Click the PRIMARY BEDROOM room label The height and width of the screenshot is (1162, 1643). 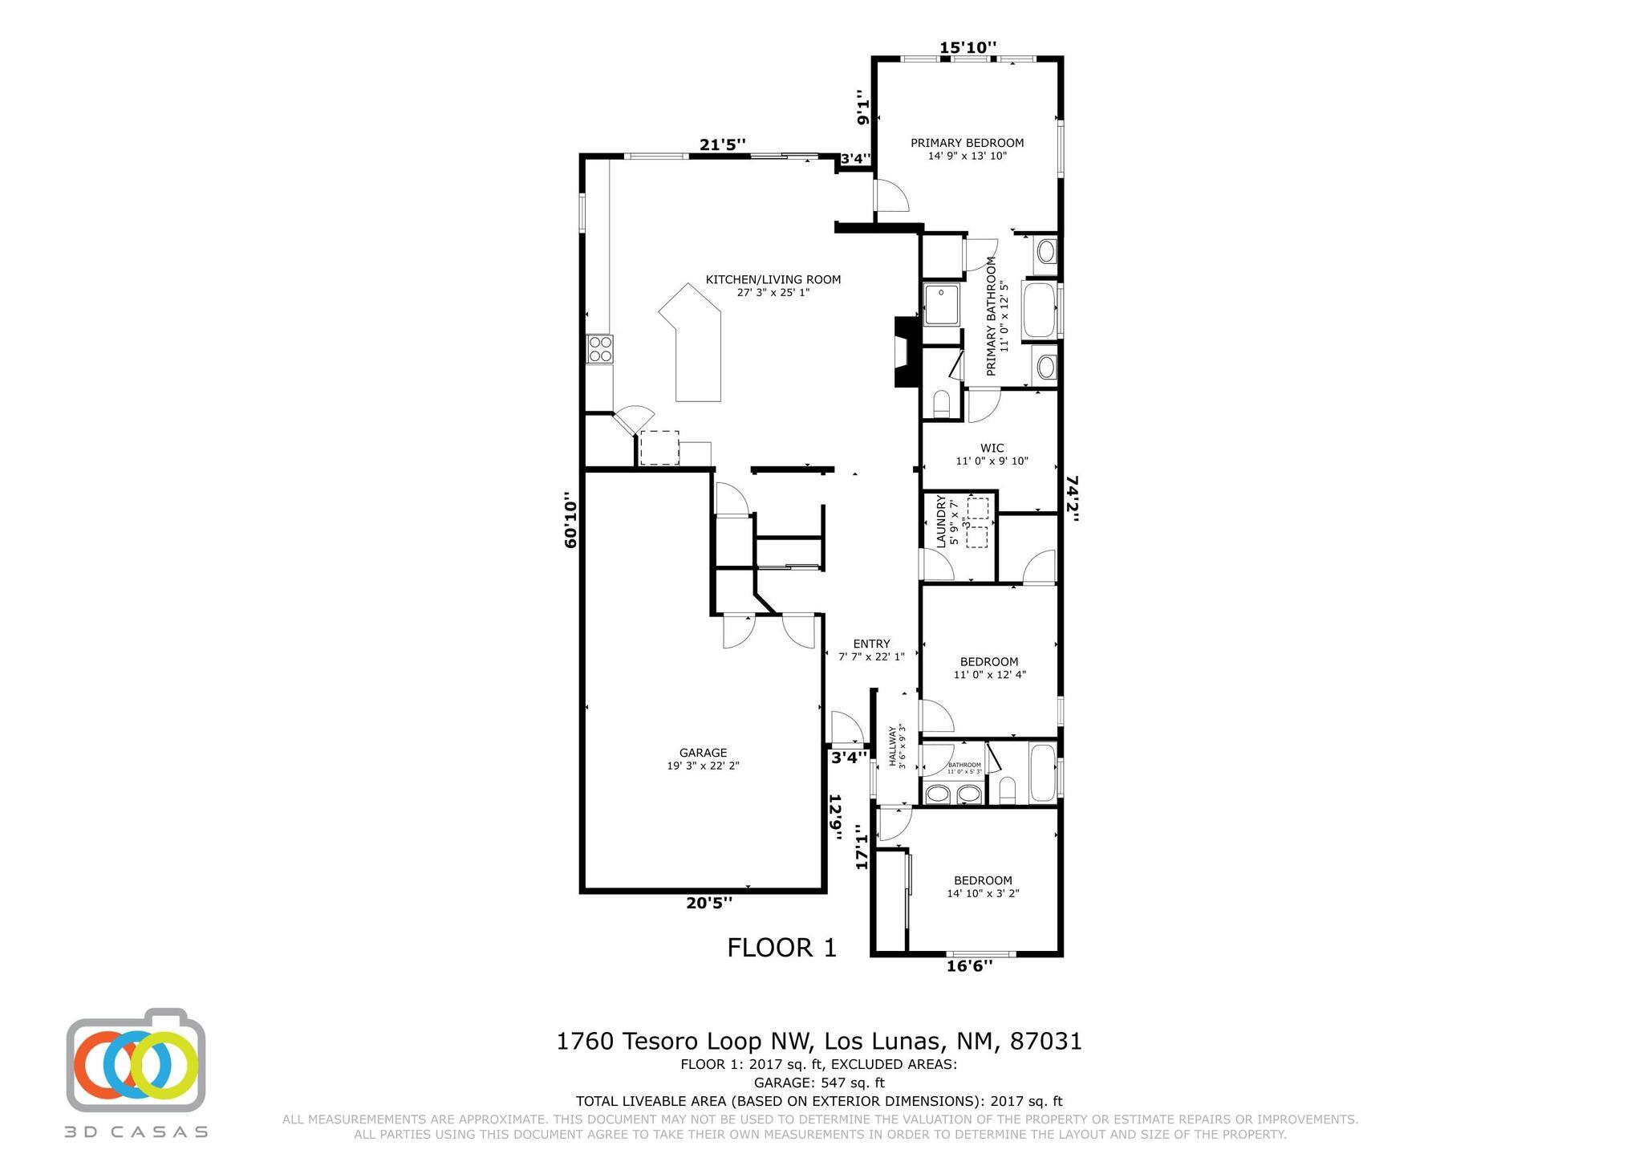[967, 143]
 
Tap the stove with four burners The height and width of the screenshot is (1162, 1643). [600, 349]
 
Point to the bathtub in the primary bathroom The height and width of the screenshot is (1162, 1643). [1040, 310]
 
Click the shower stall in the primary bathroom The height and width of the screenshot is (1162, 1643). [942, 304]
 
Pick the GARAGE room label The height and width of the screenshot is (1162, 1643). [703, 753]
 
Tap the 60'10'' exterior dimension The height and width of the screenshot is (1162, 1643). [570, 520]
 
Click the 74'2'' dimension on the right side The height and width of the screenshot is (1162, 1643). [1072, 498]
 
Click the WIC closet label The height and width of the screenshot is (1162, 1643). [992, 448]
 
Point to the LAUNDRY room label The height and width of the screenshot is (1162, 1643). [942, 522]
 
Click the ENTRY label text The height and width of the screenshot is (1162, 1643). [871, 644]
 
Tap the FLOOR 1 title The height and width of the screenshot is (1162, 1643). [781, 948]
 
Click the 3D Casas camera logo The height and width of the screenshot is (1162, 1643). [136, 1062]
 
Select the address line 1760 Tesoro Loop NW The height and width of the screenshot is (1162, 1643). [819, 1042]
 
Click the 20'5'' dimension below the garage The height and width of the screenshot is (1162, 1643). [709, 903]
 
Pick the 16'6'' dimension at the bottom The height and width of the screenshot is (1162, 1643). [969, 965]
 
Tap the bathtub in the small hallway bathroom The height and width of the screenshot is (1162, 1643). [1043, 774]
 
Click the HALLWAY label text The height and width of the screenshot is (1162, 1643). [892, 748]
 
